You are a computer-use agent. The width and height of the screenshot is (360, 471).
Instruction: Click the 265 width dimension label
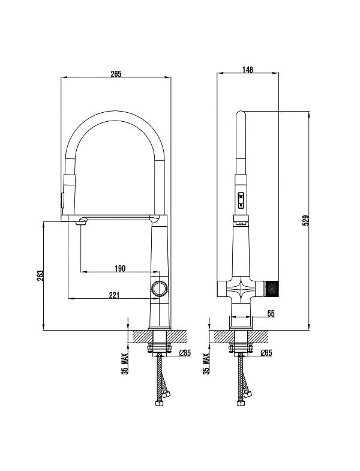[116, 74]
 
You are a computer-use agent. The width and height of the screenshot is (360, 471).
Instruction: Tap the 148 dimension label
[248, 70]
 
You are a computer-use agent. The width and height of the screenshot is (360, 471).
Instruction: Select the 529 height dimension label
[305, 220]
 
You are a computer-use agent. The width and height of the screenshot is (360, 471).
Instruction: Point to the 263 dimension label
[40, 276]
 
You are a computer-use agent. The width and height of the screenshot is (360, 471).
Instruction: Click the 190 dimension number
[120, 268]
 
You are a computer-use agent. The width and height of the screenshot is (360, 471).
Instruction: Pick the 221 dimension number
[114, 295]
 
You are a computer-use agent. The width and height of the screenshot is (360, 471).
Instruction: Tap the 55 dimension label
[271, 313]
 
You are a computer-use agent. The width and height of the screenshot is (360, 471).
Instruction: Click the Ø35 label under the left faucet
[185, 353]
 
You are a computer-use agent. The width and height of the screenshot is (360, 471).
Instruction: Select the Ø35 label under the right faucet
[266, 353]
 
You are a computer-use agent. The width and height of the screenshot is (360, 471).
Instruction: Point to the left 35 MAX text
[125, 364]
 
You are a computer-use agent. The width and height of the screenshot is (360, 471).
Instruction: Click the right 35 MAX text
[206, 364]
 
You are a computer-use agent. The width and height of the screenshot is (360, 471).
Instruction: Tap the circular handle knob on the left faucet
[159, 289]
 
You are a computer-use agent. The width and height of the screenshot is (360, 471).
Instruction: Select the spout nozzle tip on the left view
[82, 222]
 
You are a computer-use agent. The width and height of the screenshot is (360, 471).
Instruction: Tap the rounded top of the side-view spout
[241, 113]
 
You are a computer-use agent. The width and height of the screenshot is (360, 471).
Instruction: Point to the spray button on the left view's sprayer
[62, 200]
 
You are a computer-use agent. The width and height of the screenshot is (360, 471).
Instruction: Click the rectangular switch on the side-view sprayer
[241, 200]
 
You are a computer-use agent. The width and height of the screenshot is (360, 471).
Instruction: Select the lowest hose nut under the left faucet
[159, 403]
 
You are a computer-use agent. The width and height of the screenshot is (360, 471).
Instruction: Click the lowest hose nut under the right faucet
[241, 403]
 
